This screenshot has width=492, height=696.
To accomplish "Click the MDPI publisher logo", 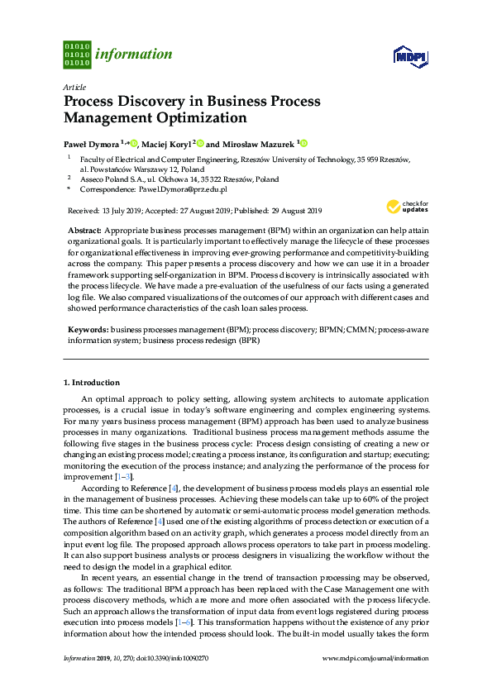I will tap(409, 55).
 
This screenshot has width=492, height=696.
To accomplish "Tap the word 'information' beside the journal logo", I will tap(134, 55).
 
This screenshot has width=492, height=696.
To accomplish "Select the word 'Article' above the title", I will tap(74, 87).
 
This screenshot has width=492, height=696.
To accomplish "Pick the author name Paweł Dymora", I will tap(91, 143).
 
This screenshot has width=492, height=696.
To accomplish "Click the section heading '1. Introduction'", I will tap(92, 383).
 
